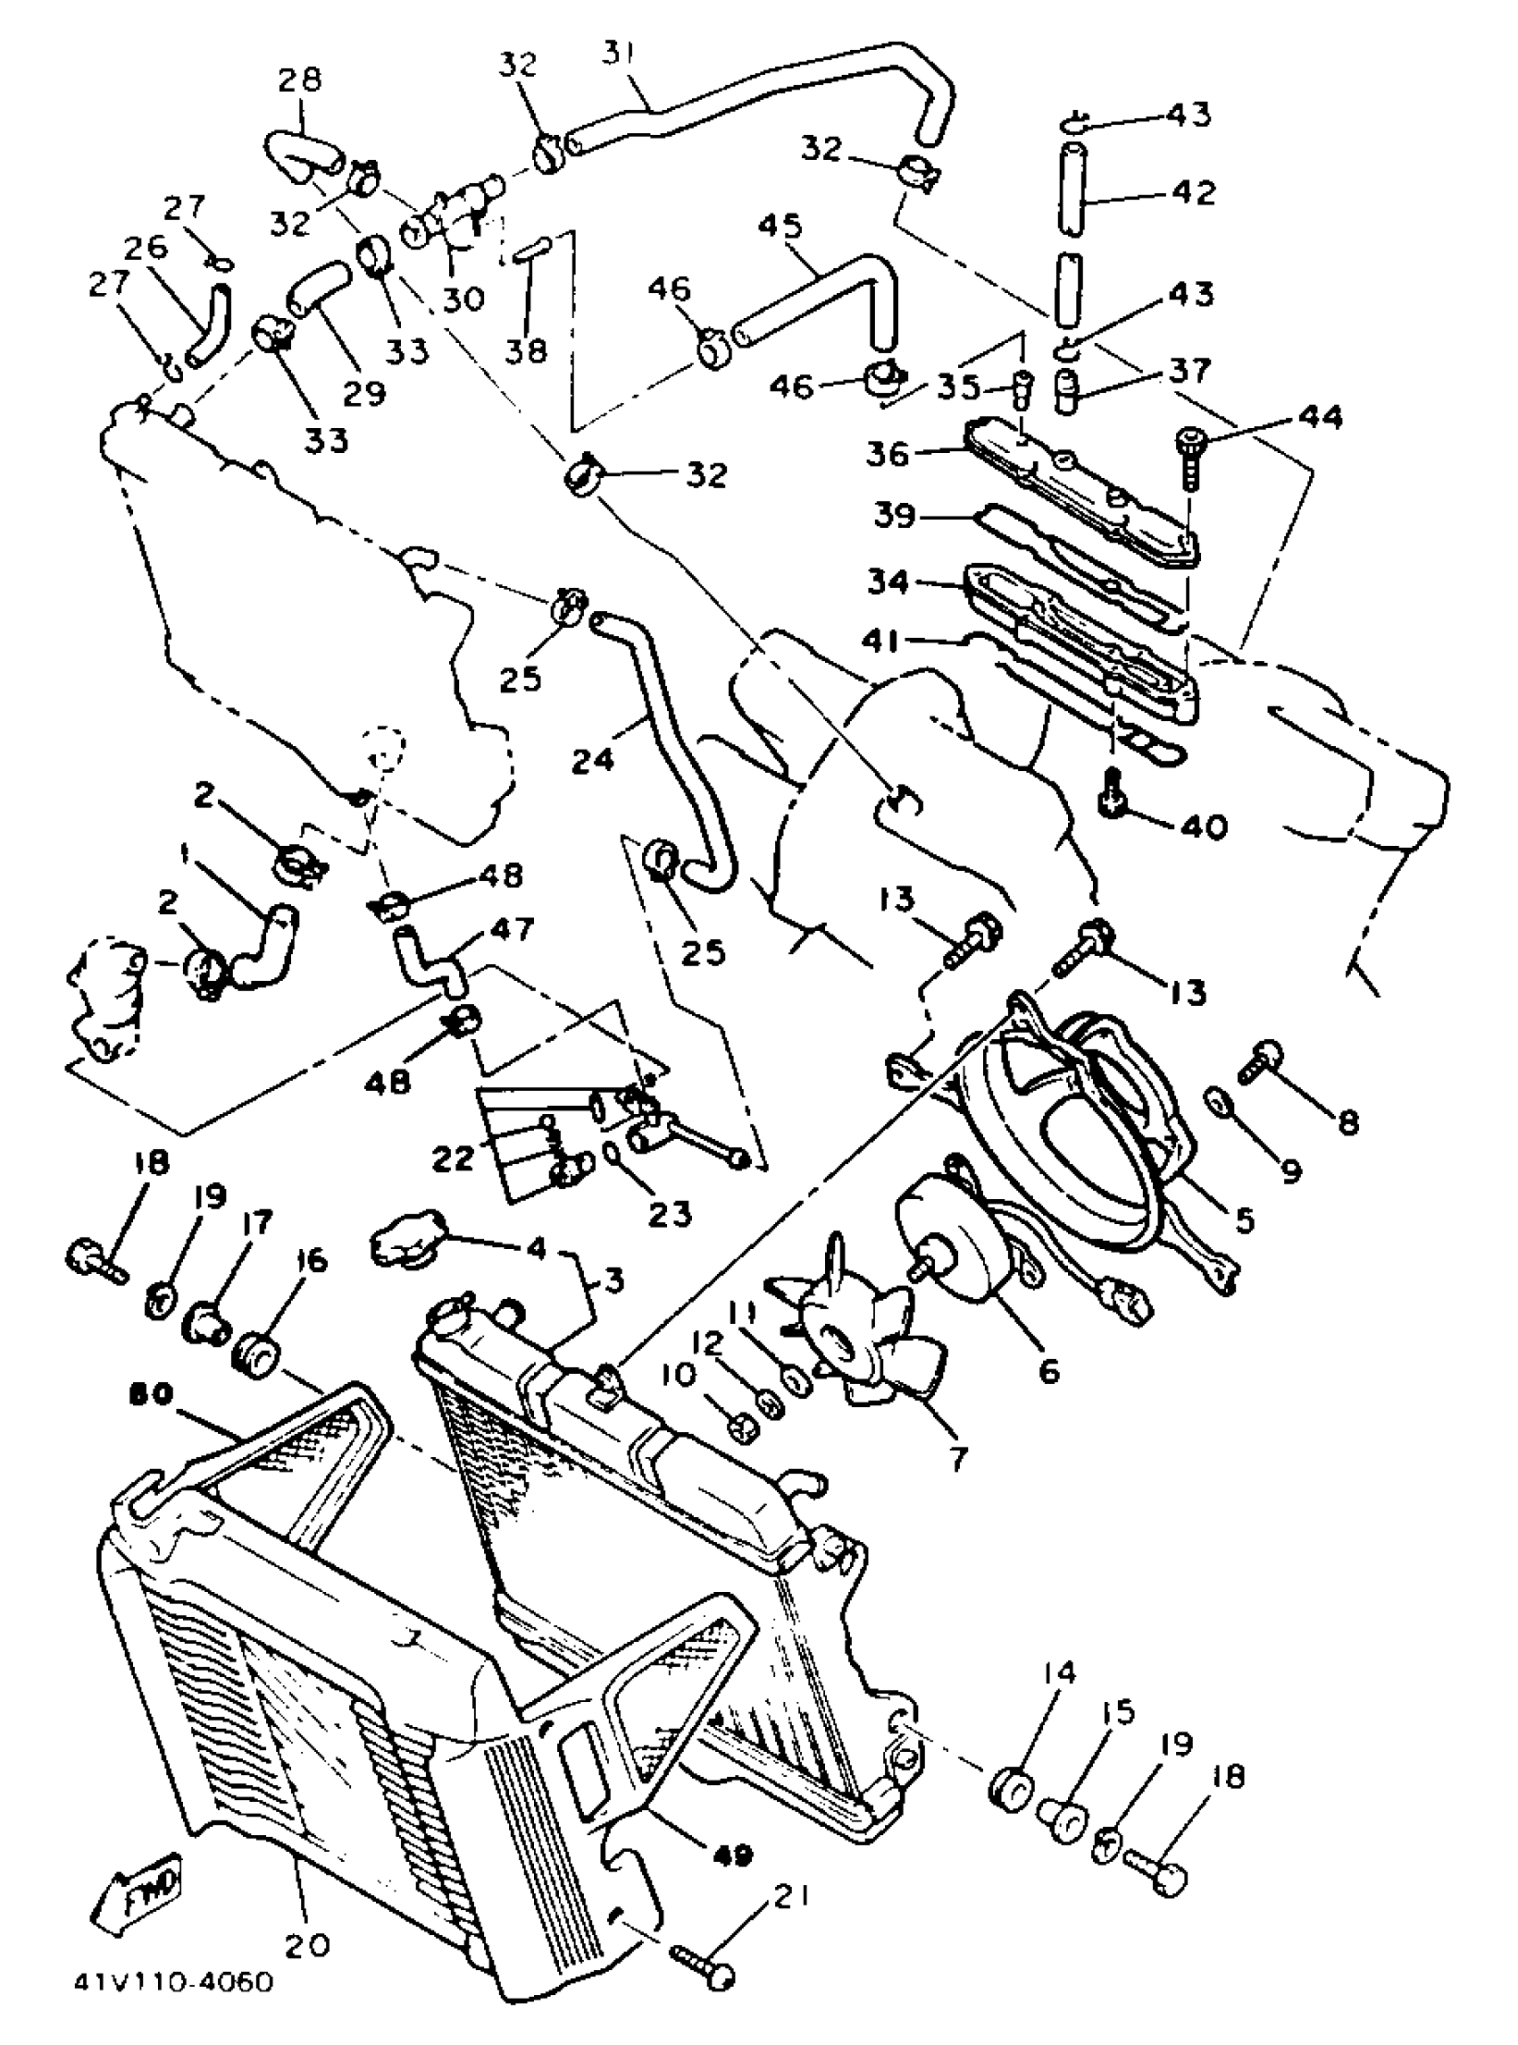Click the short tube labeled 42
tap(1069, 191)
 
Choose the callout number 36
tap(888, 454)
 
